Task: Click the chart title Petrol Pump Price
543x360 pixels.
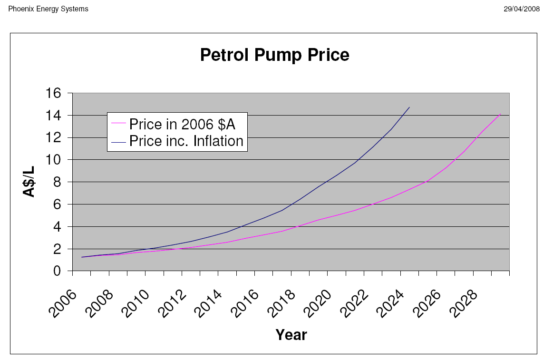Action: click(274, 55)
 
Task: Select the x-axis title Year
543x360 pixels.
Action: click(291, 335)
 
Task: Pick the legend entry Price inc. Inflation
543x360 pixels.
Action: click(186, 141)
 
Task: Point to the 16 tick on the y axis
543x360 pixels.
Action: click(53, 93)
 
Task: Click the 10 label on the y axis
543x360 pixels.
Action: click(53, 160)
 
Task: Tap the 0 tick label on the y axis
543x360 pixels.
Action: click(57, 271)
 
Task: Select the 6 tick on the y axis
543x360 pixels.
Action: click(57, 204)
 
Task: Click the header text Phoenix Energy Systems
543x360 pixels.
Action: click(48, 9)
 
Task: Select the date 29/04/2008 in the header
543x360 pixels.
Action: click(522, 9)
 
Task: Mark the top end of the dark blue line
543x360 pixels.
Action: click(409, 107)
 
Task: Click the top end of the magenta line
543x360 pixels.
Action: click(500, 114)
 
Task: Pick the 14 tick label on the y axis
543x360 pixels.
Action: click(53, 116)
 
